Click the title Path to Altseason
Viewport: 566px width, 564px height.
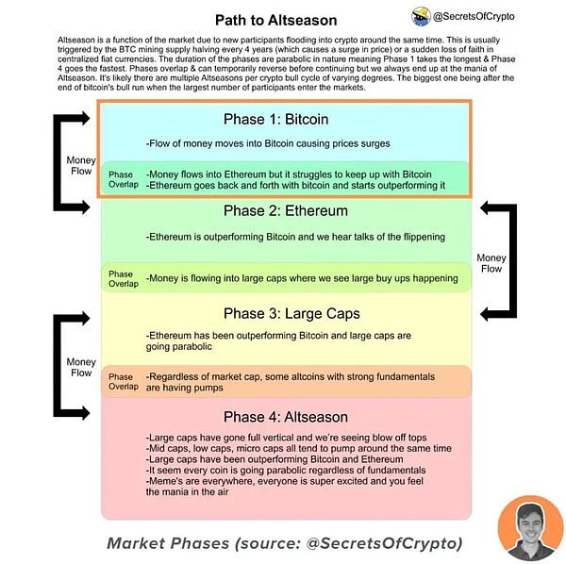click(x=276, y=20)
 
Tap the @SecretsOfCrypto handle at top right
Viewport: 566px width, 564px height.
click(x=474, y=17)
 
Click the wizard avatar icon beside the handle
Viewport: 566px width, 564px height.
click(x=421, y=17)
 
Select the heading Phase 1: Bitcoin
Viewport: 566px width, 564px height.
click(x=276, y=119)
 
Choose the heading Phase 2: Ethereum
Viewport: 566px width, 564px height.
click(x=286, y=210)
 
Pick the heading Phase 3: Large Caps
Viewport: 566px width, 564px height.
click(x=291, y=313)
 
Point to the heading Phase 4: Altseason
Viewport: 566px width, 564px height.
click(x=286, y=417)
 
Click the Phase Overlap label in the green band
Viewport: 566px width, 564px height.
click(x=124, y=279)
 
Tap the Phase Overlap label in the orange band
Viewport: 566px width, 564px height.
click(x=124, y=382)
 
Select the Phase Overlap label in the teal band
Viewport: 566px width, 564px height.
click(x=124, y=179)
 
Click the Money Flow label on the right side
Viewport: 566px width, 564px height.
click(x=491, y=263)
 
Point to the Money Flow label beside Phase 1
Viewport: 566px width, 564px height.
click(x=81, y=165)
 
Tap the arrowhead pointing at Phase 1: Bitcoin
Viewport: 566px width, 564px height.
click(x=86, y=118)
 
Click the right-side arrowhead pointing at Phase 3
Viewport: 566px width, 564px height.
click(x=485, y=314)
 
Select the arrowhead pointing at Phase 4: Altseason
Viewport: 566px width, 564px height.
click(x=86, y=413)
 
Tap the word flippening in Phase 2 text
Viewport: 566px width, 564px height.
click(x=424, y=237)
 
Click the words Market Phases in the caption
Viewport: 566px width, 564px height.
click(x=168, y=543)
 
